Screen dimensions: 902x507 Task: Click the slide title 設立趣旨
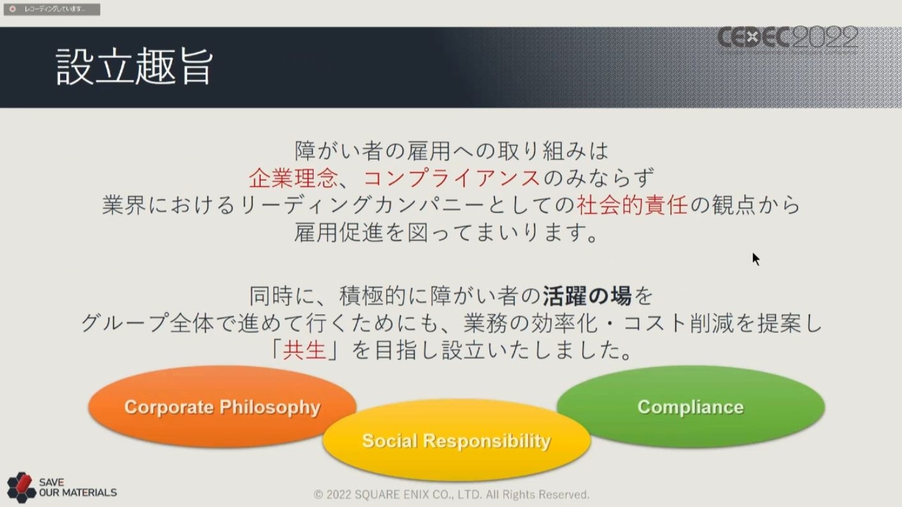[x=134, y=67]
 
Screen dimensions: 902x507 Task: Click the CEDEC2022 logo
[x=788, y=38]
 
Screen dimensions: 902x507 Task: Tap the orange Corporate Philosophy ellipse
[x=222, y=406]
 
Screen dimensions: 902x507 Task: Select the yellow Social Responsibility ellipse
[x=457, y=440]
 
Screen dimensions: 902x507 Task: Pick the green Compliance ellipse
[x=691, y=406]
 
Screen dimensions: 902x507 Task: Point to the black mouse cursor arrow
[x=756, y=259]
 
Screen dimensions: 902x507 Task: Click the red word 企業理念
[x=293, y=178]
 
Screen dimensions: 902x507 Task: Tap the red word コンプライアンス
[x=452, y=178]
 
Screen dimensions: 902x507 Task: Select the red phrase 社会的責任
[x=632, y=205]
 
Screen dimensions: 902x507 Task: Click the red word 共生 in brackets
[x=304, y=349]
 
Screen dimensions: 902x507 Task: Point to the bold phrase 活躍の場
[x=586, y=296]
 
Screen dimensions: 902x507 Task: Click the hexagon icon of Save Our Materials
[x=22, y=487]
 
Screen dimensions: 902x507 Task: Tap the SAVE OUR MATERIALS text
[x=78, y=487]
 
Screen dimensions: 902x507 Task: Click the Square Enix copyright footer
[x=452, y=494]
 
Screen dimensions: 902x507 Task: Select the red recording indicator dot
[x=13, y=9]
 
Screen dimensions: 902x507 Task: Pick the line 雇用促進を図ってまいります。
[x=446, y=232]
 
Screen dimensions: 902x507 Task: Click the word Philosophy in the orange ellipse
[x=270, y=407]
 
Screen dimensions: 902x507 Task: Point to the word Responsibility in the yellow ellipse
[x=487, y=441]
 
